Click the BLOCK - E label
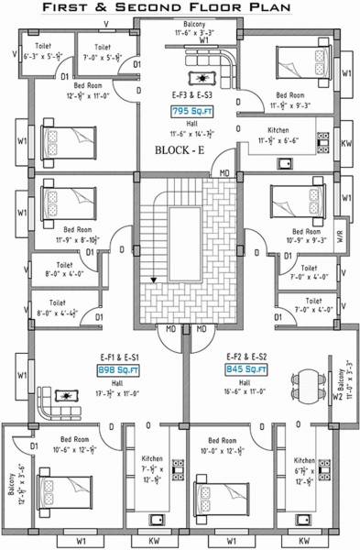[180, 149]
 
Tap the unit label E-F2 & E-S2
[246, 356]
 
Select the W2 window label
[338, 397]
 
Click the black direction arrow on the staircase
[153, 280]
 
